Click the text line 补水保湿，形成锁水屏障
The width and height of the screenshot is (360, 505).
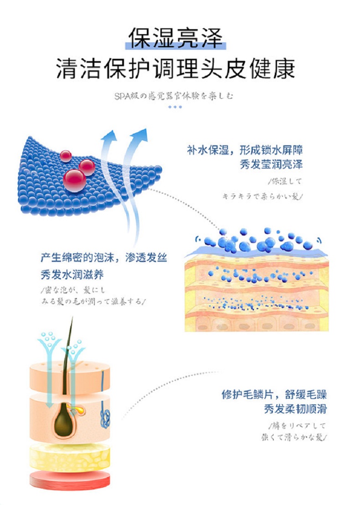[x=245, y=150]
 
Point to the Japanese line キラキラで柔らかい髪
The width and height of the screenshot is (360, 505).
[x=262, y=196]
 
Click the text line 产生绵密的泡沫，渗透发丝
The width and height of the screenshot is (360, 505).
[x=103, y=258]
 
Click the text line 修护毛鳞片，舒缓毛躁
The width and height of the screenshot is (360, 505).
[x=274, y=394]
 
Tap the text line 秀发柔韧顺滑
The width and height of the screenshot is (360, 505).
[x=295, y=409]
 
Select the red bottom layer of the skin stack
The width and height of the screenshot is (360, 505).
[x=70, y=479]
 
